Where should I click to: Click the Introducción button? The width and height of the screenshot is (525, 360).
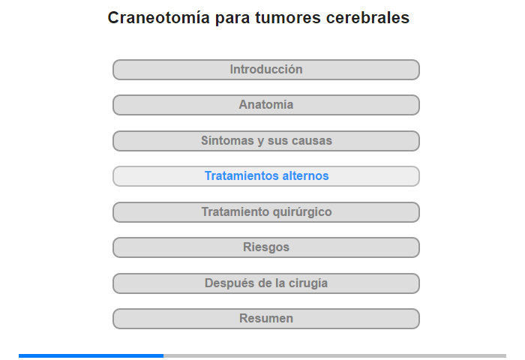tap(265, 70)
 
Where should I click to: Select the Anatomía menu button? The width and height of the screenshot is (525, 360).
tap(265, 105)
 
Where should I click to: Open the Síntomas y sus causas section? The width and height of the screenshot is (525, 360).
tap(265, 141)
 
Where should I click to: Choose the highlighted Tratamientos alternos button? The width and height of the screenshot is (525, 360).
tap(265, 176)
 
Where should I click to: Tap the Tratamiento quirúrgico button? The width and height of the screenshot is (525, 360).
tap(265, 212)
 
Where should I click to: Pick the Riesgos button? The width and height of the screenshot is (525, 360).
tap(265, 247)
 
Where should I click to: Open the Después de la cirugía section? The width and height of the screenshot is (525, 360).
tap(265, 283)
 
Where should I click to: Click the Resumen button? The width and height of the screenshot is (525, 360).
tap(265, 319)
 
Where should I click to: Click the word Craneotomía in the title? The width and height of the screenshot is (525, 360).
tap(159, 17)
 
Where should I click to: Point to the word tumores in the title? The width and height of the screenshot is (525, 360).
tap(288, 18)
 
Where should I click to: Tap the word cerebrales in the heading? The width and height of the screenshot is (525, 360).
tap(367, 17)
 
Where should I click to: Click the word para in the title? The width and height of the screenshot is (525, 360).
tap(232, 19)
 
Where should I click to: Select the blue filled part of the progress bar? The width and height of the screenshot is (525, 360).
tap(91, 355)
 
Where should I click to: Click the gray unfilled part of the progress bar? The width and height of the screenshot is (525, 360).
tap(334, 355)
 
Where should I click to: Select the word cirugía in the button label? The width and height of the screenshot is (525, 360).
tap(308, 283)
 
